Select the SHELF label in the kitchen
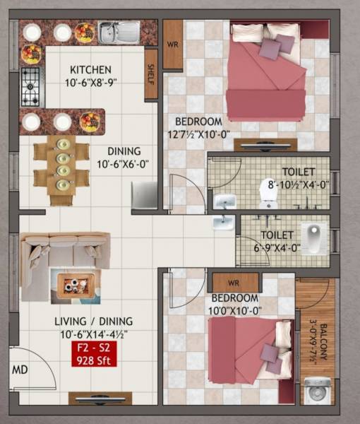(x=150, y=74)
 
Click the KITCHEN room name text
(x=90, y=70)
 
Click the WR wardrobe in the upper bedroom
(x=172, y=44)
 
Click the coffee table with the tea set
(x=74, y=285)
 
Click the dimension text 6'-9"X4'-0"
(x=273, y=248)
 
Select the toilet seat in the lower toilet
(x=312, y=233)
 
